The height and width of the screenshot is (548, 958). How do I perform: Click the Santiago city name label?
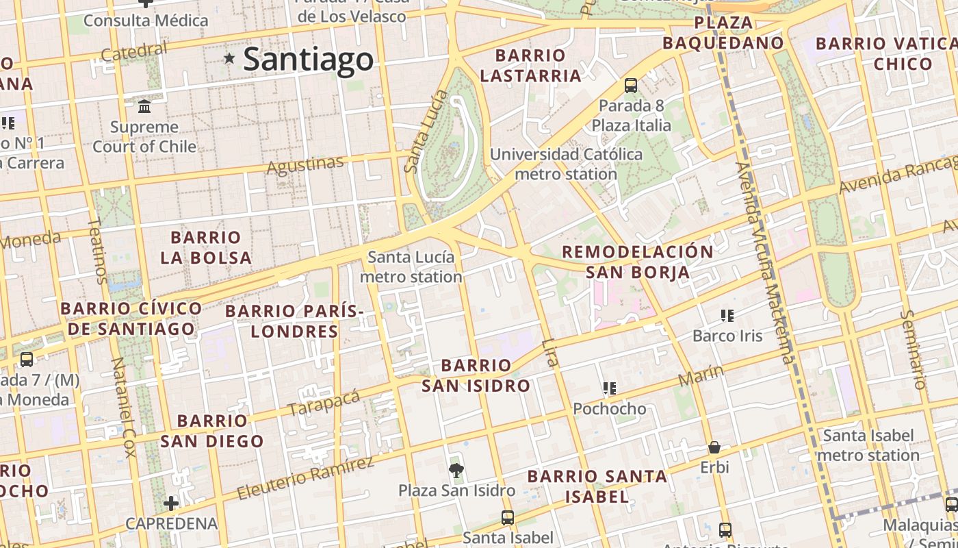point(309,59)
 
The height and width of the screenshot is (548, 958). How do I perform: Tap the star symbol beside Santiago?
point(230,59)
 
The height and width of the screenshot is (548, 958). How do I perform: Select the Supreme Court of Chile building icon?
point(144,107)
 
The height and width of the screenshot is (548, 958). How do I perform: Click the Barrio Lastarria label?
point(530,65)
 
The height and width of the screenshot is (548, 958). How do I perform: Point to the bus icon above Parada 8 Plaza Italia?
point(631,86)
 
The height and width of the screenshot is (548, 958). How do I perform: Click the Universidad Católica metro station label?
point(566,164)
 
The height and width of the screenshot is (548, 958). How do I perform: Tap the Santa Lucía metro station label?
point(411,267)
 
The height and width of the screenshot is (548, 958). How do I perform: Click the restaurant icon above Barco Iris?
point(727,316)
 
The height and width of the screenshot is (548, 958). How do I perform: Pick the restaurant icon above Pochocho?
point(610,388)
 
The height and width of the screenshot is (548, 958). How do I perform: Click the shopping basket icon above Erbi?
point(714,447)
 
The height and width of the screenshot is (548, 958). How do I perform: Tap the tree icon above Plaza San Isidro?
point(456,469)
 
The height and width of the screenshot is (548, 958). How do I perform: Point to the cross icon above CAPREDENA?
point(171,503)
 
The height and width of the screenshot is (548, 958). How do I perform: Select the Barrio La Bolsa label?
point(206,247)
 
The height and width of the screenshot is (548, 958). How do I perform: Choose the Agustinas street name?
point(305,165)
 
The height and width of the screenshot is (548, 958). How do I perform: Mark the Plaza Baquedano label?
point(723,33)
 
